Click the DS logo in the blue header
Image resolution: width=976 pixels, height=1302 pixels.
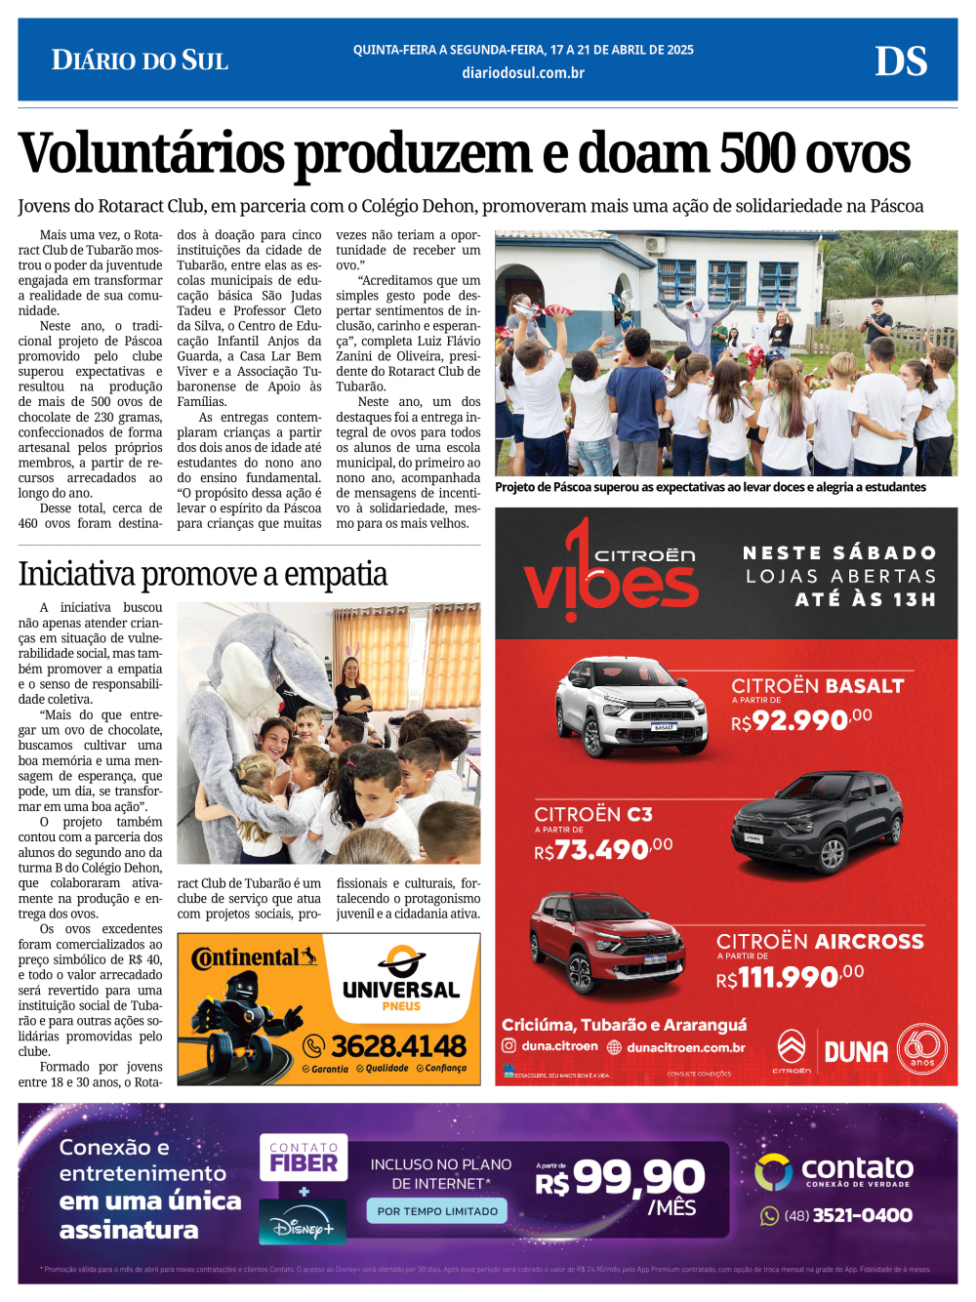900,61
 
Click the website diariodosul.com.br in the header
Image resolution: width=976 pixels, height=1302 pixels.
523,72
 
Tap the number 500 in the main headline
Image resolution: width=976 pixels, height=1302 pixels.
756,154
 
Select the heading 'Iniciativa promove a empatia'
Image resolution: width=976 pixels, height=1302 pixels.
203,574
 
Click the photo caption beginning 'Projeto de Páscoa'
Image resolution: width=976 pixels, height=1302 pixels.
711,487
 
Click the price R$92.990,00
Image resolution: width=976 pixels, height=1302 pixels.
801,720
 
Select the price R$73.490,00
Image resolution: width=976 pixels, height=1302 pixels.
603,849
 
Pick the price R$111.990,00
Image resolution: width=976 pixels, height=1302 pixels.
790,976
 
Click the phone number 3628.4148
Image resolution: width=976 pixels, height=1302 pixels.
398,1046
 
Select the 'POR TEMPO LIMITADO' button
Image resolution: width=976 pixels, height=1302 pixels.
437,1211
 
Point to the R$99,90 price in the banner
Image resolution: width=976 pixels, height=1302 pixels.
621,1179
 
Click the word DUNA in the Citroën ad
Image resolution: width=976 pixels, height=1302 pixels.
856,1052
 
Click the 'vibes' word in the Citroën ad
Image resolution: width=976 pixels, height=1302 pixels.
611,583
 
